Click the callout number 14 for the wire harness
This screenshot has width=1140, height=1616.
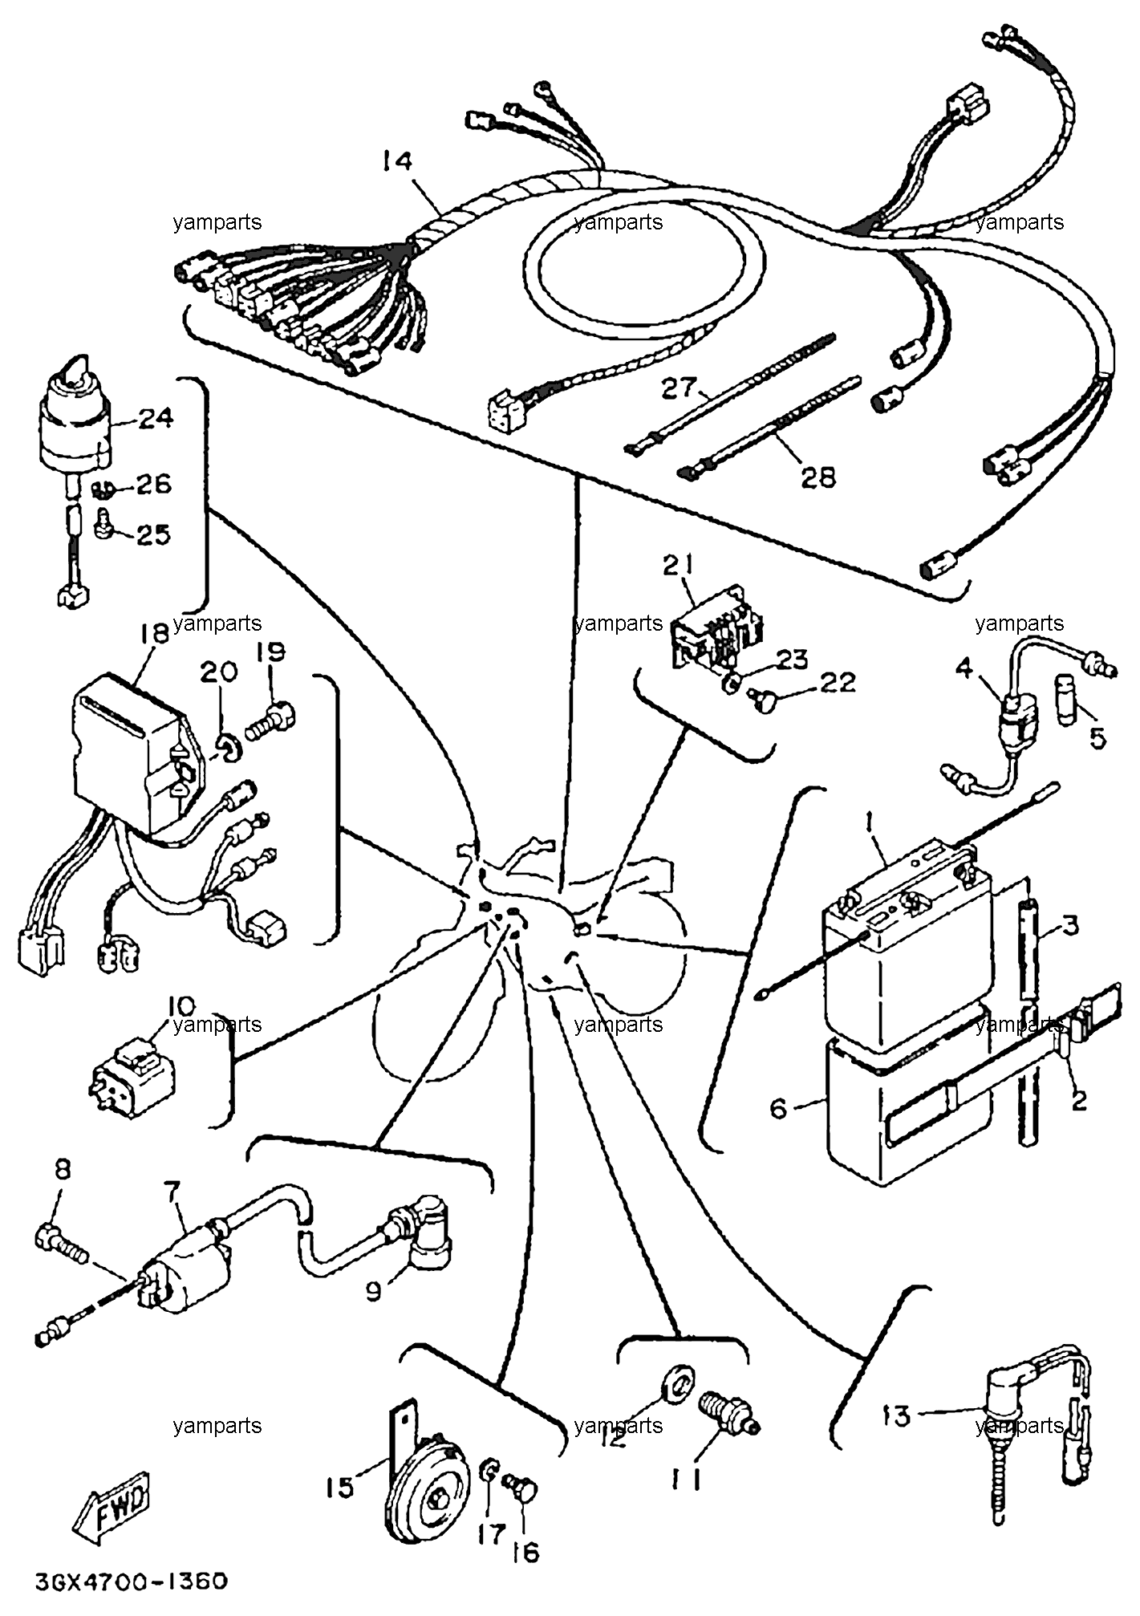coord(396,162)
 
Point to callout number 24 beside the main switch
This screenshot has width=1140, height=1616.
coord(155,418)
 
